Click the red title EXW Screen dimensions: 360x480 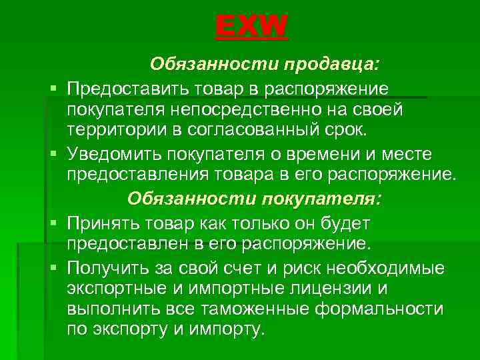pyautogui.click(x=251, y=28)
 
